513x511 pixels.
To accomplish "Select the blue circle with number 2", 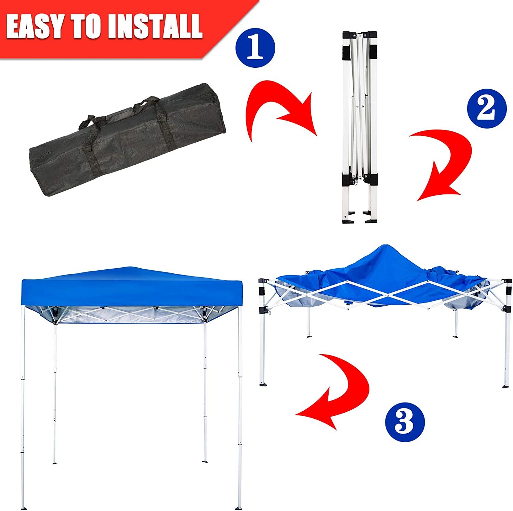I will coord(486,108).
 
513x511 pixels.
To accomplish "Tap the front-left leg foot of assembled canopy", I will coord(23,505).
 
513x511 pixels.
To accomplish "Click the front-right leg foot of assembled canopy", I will coord(240,505).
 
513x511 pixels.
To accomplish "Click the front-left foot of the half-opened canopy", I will coord(263,384).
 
